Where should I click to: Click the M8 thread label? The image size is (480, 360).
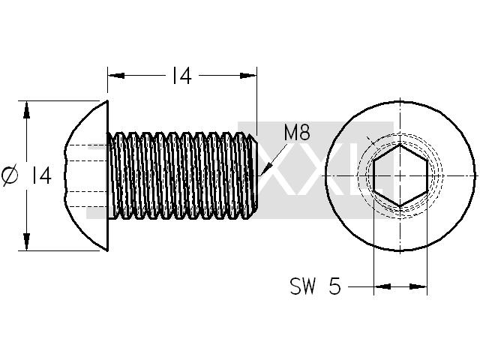click(297, 133)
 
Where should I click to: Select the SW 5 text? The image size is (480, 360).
click(315, 286)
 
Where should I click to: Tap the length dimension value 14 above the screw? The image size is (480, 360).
click(181, 76)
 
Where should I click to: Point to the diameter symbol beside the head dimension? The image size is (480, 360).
click(10, 175)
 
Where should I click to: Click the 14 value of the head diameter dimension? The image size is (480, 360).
click(41, 175)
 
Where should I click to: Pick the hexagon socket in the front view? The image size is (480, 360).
click(400, 175)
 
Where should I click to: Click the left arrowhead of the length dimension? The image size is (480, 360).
click(116, 75)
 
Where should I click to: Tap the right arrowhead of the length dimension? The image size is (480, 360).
click(248, 75)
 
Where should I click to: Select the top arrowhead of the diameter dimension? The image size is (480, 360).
click(27, 109)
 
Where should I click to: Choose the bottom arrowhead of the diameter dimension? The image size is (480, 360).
click(27, 241)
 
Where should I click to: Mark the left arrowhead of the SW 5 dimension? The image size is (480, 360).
click(382, 286)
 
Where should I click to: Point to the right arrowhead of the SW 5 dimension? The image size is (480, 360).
click(418, 286)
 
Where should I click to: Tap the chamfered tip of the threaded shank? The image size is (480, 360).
click(253, 175)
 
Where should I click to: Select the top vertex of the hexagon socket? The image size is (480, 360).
click(400, 145)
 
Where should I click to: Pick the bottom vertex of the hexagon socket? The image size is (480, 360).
click(400, 205)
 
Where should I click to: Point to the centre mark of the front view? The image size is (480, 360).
click(400, 175)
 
